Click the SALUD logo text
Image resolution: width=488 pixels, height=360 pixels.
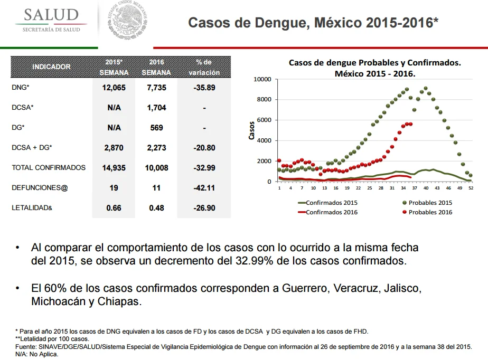click(51, 15)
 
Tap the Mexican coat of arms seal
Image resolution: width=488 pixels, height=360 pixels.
click(128, 21)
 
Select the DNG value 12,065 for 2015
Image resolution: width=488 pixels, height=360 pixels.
click(114, 88)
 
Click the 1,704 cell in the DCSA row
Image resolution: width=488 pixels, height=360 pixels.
click(156, 108)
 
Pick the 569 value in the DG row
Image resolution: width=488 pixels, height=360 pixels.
click(156, 128)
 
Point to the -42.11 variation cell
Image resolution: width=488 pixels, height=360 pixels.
click(204, 188)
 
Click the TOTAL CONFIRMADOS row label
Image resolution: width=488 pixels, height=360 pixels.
click(49, 168)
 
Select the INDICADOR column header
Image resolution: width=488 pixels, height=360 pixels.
click(51, 67)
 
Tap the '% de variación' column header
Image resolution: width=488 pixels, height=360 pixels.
click(204, 67)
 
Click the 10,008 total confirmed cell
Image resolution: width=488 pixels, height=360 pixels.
click(156, 168)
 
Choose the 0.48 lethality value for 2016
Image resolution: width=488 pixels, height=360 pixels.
click(156, 208)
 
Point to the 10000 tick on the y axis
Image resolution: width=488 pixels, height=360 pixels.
click(262, 79)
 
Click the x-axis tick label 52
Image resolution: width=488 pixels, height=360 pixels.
click(471, 188)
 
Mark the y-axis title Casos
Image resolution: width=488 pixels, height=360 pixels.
click(251, 130)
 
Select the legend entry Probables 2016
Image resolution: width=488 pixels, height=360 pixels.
click(427, 212)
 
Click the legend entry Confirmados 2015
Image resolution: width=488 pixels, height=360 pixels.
click(328, 203)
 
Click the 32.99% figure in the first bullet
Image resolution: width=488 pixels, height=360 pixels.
click(254, 261)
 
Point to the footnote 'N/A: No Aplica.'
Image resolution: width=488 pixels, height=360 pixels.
click(37, 354)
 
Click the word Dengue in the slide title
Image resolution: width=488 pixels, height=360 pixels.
click(282, 23)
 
